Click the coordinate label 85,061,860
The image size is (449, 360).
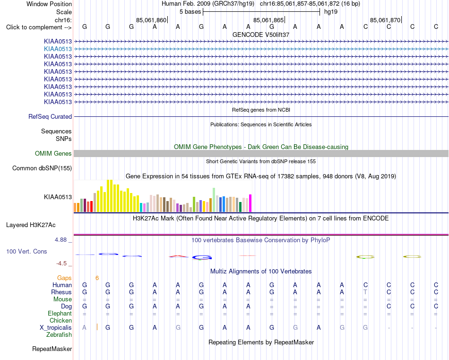coord(151,20)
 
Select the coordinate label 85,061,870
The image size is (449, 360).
coord(385,20)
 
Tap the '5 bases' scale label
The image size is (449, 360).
coord(190,12)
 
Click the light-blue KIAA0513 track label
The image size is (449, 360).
coord(58,49)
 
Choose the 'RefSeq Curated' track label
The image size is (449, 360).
coord(50,117)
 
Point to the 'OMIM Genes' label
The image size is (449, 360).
coord(53,154)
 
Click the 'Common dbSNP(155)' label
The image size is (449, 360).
coord(42,168)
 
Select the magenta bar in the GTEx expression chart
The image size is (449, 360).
coord(250,203)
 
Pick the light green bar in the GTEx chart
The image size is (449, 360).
coord(214,200)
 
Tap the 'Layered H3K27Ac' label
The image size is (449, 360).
coord(31,225)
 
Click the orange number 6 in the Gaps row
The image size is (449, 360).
coord(97,278)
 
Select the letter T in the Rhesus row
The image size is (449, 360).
coord(365,292)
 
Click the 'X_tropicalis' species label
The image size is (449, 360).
coord(56,328)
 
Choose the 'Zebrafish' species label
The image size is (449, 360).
coord(59,335)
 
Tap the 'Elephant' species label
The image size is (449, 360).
coord(60,313)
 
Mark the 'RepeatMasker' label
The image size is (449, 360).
coord(52,349)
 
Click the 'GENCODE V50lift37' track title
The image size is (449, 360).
coord(261,35)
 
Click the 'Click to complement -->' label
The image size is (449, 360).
coord(39,27)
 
